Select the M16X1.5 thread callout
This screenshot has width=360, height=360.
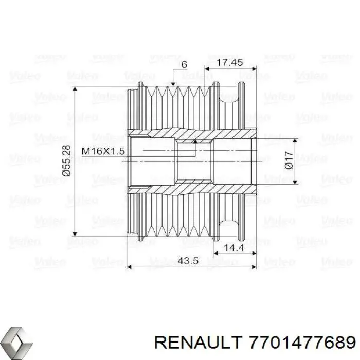tap(103, 151)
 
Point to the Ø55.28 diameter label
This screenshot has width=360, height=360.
tap(66, 161)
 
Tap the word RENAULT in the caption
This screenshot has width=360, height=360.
tap(191, 341)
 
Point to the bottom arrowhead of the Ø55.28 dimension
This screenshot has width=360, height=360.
tap(76, 231)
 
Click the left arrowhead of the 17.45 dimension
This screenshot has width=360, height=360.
tap(207, 67)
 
